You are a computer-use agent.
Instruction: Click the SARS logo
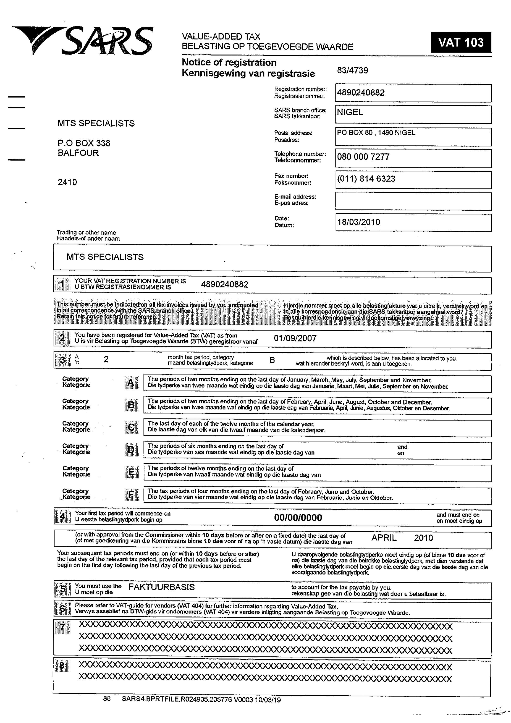coord(83,41)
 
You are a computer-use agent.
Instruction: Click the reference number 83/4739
coord(352,70)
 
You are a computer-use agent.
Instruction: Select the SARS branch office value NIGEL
coord(350,112)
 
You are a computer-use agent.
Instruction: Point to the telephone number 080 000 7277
coord(363,157)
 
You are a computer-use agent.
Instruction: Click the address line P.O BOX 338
coord(84,143)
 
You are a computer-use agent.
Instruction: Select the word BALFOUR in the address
coord(78,153)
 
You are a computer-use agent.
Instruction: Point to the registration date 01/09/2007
coord(295,339)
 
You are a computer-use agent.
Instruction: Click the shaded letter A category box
coord(131,383)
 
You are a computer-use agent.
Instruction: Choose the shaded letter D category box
coord(131,450)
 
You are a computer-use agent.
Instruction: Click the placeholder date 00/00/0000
coord(298,518)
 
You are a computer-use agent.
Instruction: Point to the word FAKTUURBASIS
coord(161,587)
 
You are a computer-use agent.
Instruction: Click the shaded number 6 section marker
coord(62,609)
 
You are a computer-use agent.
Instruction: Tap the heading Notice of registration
coord(229,62)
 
